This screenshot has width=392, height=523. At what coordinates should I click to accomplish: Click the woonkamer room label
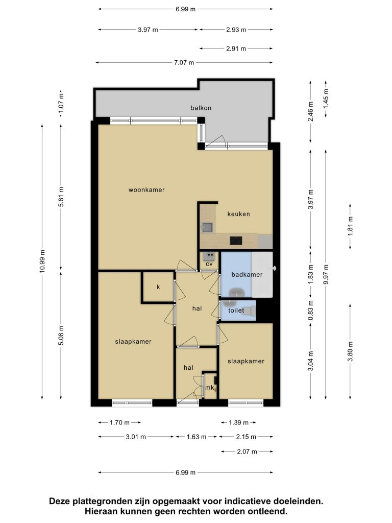146,190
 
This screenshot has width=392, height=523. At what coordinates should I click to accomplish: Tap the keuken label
239,214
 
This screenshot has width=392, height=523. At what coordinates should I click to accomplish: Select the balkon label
201,108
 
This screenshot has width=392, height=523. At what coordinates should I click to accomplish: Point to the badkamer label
247,274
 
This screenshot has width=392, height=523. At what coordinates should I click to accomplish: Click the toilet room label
236,310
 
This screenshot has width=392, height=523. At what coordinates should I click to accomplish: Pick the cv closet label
209,264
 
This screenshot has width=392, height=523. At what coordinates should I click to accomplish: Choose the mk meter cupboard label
210,388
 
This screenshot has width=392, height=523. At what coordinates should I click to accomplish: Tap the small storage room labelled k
158,287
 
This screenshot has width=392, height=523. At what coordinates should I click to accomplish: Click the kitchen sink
207,227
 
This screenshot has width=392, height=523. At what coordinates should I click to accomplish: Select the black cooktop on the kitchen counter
236,241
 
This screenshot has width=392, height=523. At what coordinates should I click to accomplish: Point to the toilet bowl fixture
249,311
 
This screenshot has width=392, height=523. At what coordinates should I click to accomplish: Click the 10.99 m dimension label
42,261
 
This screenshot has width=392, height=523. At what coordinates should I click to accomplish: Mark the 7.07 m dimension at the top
184,62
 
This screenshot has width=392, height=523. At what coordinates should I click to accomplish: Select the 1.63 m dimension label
197,437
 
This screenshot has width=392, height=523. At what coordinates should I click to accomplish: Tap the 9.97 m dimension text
326,274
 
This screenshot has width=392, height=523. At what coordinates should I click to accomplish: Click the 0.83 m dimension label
311,310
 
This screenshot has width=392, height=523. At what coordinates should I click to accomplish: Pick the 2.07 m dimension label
247,451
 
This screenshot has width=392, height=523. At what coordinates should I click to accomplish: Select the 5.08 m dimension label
61,335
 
